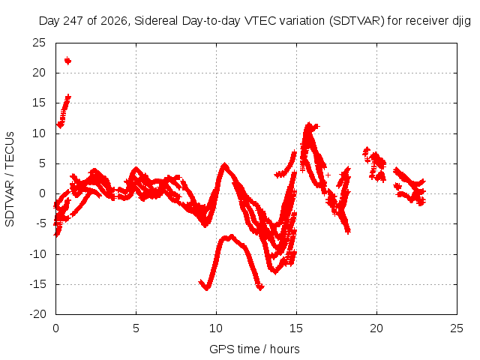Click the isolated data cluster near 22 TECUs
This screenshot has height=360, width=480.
67,61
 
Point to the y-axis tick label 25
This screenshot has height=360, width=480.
39,43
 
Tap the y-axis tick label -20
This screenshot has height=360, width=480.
37,314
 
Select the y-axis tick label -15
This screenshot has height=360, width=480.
37,284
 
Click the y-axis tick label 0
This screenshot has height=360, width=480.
42,193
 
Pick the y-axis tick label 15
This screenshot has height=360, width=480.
39,103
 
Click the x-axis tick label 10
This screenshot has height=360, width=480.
216,328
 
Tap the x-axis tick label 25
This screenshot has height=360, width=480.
457,328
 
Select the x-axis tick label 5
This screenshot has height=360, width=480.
136,328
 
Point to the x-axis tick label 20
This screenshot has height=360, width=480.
376,328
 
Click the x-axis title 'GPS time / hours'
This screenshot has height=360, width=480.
254,349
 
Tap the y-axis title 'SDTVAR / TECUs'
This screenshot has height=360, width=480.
10,179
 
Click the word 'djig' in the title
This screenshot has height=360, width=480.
461,21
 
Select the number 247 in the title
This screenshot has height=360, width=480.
73,21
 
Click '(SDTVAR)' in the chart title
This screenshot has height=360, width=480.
357,21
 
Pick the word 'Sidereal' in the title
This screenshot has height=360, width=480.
156,21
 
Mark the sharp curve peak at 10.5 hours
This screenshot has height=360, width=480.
225,164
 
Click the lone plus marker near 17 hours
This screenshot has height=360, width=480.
328,175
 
